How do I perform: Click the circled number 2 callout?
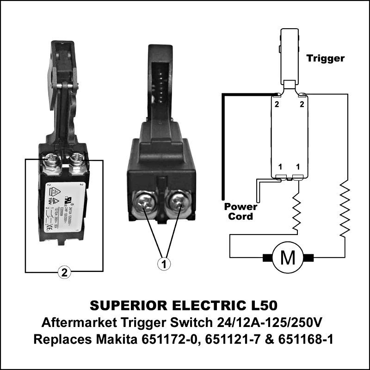pos(64,272)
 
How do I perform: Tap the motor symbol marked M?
pos(288,258)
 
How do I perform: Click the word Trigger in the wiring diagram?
pos(326,58)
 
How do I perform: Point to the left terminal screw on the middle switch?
pos(147,204)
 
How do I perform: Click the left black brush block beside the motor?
pos(267,257)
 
